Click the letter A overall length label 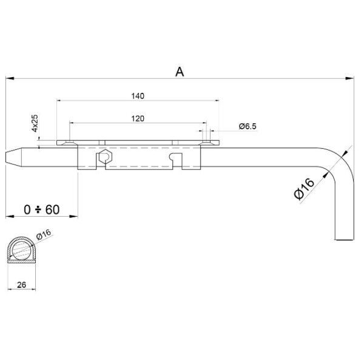click(x=180, y=72)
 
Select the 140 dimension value click(x=138, y=96)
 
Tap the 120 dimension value click(x=138, y=118)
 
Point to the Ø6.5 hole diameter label click(x=248, y=126)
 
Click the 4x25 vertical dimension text click(x=35, y=123)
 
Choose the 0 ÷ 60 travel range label click(x=42, y=209)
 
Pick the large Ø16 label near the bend click(x=304, y=189)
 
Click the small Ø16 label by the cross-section click(x=44, y=234)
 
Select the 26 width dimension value click(x=22, y=285)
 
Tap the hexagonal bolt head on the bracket click(x=105, y=157)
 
